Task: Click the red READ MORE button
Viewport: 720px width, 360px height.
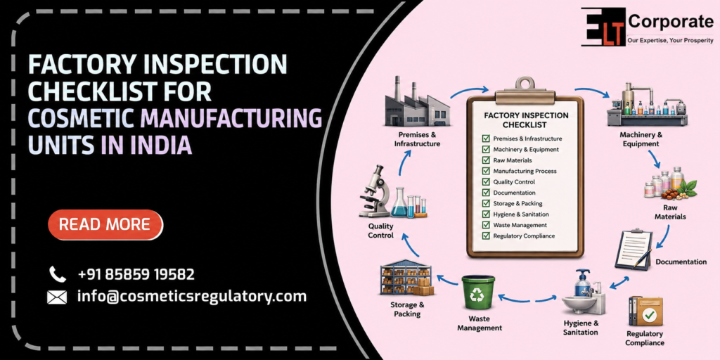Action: coord(105,224)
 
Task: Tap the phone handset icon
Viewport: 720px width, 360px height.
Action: coord(58,274)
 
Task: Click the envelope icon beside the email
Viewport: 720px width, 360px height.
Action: coord(57,297)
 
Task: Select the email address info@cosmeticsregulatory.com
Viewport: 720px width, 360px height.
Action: coord(192,296)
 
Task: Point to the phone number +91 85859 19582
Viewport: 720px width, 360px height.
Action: coord(136,274)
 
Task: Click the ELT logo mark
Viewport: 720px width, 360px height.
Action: coord(603,27)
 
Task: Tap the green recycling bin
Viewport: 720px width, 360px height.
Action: coord(478,292)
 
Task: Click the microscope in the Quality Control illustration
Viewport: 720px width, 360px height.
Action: coord(374,191)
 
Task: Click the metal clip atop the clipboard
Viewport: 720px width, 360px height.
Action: coord(525,88)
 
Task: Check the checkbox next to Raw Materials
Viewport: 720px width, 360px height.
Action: coord(486,160)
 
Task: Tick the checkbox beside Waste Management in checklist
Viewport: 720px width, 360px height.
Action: coord(486,225)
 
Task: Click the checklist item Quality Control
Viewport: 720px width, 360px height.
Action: coord(514,182)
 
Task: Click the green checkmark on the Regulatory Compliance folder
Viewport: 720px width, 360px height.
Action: coord(649,314)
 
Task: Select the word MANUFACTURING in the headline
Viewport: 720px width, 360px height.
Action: coord(231,118)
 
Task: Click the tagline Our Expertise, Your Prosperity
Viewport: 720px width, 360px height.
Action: coord(671,41)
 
